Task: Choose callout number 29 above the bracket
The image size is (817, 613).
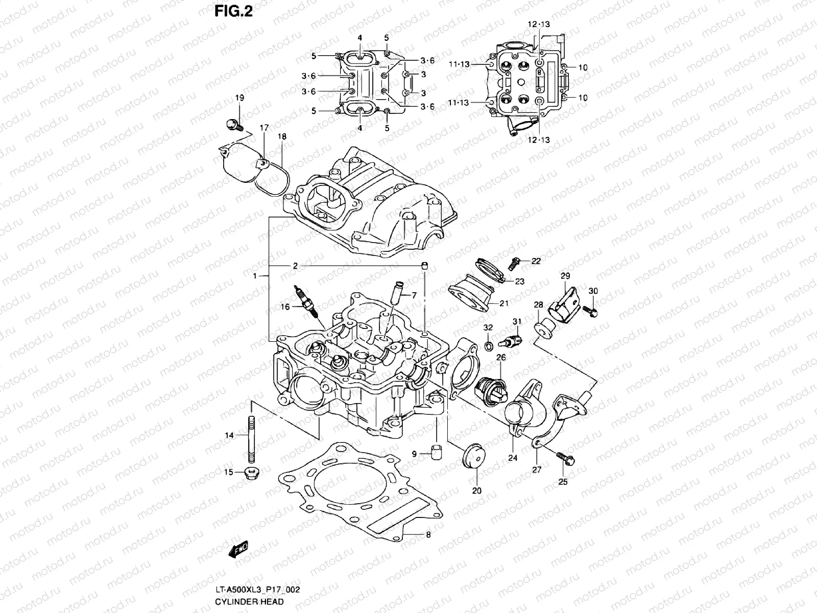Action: coord(565,276)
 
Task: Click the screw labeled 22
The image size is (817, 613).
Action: coord(516,264)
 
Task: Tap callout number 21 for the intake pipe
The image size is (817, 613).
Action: coord(504,303)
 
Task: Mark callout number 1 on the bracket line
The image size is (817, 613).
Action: coord(254,276)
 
